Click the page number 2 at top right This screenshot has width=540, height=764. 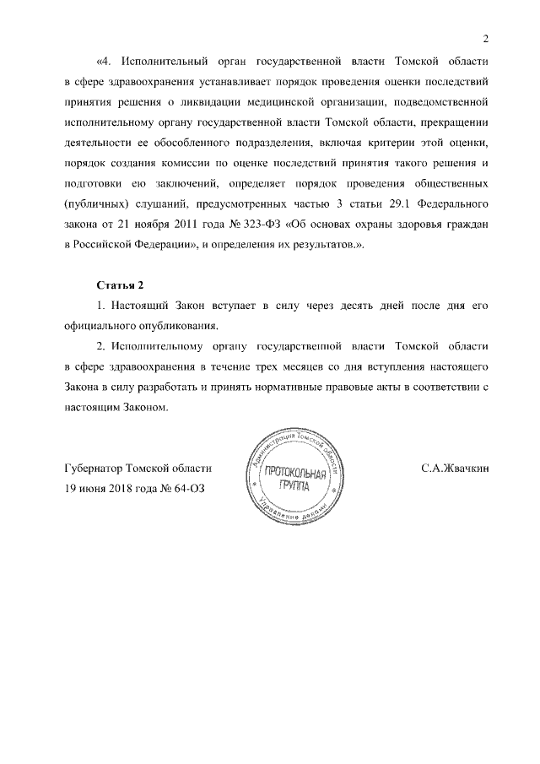point(486,37)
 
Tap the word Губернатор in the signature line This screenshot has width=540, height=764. point(93,467)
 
